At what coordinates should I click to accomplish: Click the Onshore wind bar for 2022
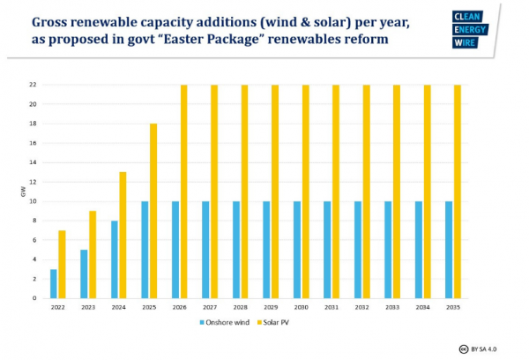tap(54, 283)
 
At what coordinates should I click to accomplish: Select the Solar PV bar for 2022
tap(62, 264)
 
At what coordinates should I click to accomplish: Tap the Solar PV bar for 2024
tap(123, 235)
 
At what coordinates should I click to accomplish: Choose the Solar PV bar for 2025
tap(153, 211)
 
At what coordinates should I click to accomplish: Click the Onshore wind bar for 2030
tap(297, 250)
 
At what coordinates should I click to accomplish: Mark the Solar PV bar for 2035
tap(457, 191)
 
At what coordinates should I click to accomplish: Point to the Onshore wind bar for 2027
tap(205, 250)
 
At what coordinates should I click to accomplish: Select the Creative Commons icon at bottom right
tap(462, 348)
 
